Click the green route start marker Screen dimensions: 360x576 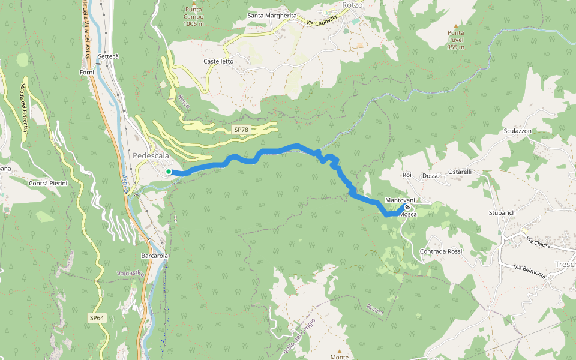[169, 172]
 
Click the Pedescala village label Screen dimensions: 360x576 [151, 156]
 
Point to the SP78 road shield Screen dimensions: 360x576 [241, 130]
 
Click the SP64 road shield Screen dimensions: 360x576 [97, 317]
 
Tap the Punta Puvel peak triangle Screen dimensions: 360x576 [456, 26]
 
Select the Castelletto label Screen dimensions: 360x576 [218, 61]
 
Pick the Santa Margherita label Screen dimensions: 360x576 [272, 15]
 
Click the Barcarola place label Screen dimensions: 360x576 [154, 256]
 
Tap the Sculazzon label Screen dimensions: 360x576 [518, 131]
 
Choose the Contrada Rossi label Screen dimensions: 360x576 [442, 251]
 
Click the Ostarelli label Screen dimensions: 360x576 [460, 172]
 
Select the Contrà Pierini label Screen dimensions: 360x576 [48, 182]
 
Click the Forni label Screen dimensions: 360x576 [87, 72]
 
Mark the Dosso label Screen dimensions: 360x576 [431, 176]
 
